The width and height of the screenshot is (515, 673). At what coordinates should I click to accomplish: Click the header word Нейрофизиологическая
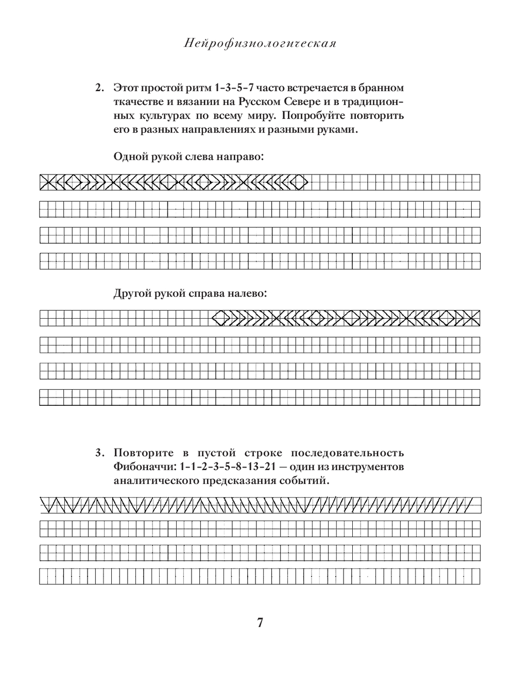click(x=260, y=44)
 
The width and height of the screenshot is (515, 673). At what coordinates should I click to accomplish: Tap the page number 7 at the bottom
click(x=260, y=623)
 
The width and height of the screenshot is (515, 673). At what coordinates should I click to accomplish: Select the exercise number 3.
click(x=100, y=453)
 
